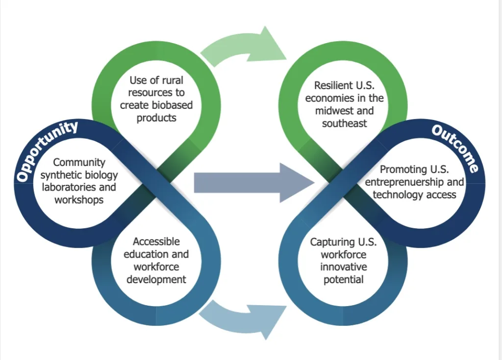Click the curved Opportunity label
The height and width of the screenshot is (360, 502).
point(47,150)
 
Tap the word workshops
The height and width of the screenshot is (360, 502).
point(79,200)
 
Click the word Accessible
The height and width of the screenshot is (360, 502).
point(156,241)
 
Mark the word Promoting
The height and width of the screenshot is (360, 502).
point(403,169)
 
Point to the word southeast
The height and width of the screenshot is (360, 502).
point(344,123)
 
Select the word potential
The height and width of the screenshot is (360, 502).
point(343,280)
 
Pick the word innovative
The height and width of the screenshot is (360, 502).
point(343,267)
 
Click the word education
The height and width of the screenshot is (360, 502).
point(146,254)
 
